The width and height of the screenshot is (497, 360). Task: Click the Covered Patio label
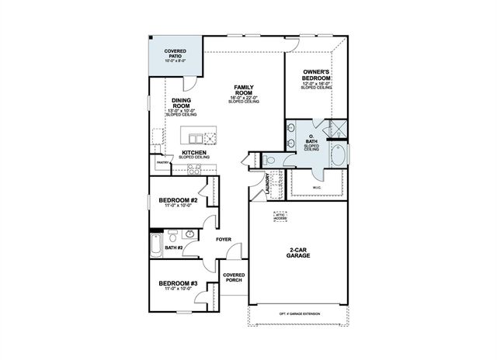tap(175, 54)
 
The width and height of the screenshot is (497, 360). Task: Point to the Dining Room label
tap(181, 104)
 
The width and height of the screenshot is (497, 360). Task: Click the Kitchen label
tap(193, 154)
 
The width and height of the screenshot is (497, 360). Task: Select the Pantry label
tap(162, 163)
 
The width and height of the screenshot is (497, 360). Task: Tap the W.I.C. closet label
tap(316, 185)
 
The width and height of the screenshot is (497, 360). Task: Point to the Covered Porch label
tap(234, 279)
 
